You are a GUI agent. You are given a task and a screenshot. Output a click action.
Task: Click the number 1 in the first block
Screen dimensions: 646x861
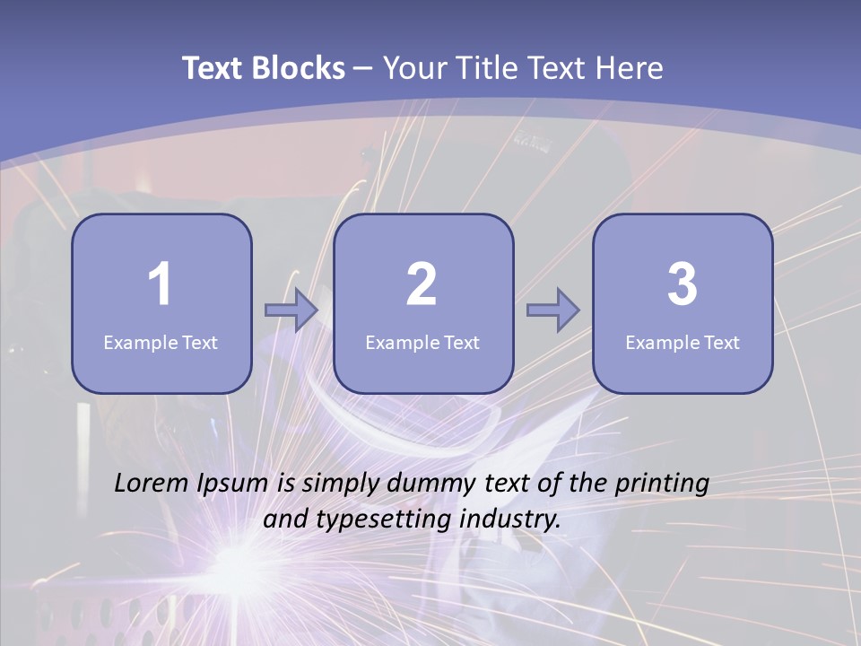tap(160, 284)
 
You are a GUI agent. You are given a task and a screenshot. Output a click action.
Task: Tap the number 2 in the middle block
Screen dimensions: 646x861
tap(422, 284)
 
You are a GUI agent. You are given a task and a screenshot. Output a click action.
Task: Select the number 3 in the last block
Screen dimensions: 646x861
tap(683, 284)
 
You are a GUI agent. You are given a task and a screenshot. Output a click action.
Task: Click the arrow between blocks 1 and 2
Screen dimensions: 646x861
tap(291, 310)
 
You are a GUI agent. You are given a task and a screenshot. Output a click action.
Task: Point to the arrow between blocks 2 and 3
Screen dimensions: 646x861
tap(553, 310)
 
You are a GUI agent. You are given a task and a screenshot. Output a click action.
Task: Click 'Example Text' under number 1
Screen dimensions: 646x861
tap(161, 342)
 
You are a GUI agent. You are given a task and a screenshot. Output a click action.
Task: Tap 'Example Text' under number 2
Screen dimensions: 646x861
tap(422, 342)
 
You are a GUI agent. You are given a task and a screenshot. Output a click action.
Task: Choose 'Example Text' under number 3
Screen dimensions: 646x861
tap(683, 342)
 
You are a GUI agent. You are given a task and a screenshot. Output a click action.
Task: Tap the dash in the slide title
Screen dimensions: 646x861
tap(363, 68)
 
